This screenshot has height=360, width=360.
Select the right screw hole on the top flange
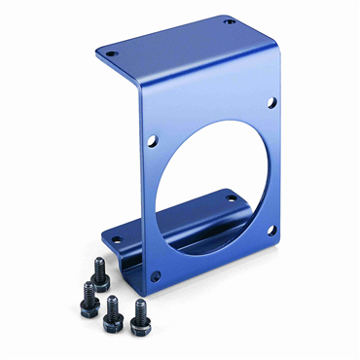pos(229,20)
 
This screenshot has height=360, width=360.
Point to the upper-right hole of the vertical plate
pos(271,101)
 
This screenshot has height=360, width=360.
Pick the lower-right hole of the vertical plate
pos(271,231)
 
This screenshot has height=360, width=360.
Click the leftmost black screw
pos(90,304)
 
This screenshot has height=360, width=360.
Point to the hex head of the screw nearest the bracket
pos(98,267)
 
